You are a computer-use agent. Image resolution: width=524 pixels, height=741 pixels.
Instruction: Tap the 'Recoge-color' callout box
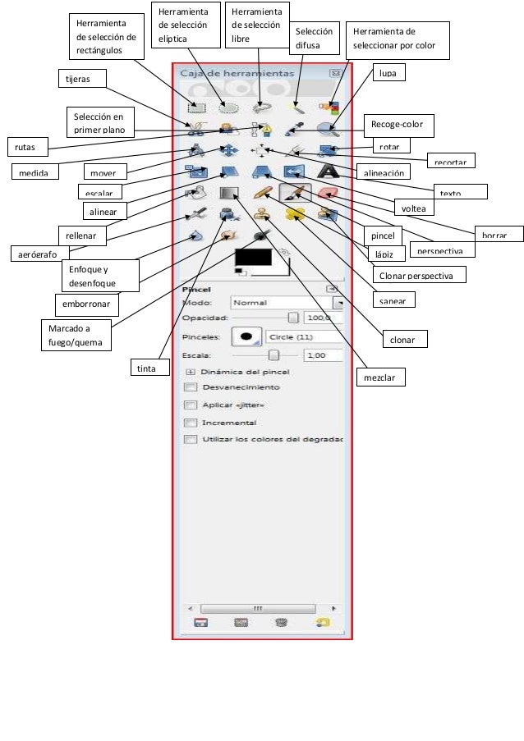coord(398,124)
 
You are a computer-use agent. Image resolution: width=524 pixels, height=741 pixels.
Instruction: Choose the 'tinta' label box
coord(145,369)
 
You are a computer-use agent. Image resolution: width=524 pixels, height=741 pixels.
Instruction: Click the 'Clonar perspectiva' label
coord(418,274)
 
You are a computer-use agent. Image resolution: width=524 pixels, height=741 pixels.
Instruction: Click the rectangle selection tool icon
coord(196,107)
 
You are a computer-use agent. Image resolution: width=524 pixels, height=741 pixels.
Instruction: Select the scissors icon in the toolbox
coord(196,128)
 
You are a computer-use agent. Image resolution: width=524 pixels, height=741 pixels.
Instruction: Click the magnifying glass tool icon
coord(329,128)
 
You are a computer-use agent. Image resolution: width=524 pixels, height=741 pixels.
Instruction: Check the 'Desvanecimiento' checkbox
coord(191,387)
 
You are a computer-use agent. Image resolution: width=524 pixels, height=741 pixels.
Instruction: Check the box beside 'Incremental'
coord(191,423)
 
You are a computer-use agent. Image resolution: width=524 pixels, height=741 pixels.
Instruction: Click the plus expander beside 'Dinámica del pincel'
coord(191,372)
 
